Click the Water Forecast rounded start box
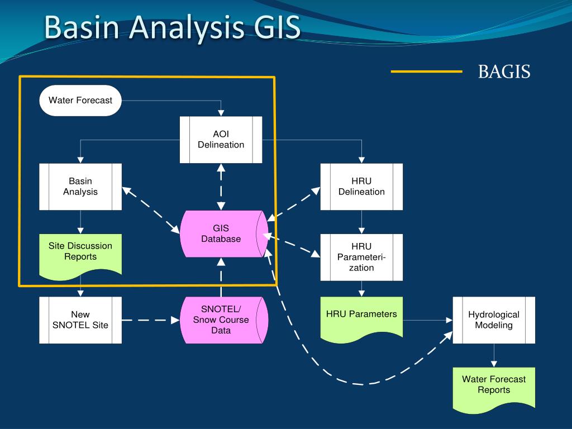point(80,101)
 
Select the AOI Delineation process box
point(221,140)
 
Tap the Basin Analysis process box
point(80,187)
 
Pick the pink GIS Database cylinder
point(224,234)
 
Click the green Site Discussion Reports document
point(80,255)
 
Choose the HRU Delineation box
point(361,187)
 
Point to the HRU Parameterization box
point(361,257)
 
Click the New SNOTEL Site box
point(80,320)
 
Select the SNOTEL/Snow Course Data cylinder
point(224,320)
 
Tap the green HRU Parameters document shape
point(361,318)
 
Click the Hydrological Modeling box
point(494,320)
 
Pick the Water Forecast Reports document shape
point(494,389)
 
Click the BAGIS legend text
point(504,71)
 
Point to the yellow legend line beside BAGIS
point(426,71)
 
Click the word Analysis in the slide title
point(187,28)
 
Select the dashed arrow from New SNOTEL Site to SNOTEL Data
point(151,320)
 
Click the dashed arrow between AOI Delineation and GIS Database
point(221,187)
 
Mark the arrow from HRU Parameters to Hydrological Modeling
point(428,320)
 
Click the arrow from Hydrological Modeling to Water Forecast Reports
point(494,355)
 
